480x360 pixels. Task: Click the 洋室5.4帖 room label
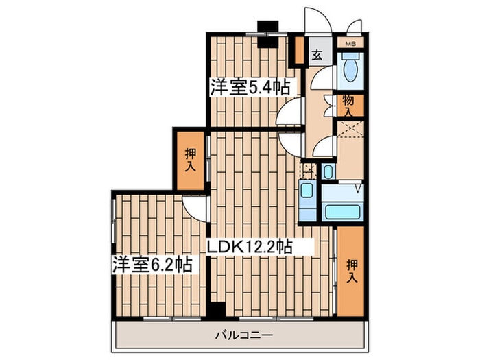click(250, 87)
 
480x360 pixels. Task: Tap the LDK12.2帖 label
click(250, 246)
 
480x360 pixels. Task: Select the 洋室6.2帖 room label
click(152, 265)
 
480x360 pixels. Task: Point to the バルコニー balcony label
click(243, 335)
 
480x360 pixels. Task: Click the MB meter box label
click(351, 44)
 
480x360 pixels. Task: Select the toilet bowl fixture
click(350, 67)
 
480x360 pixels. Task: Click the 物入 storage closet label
click(348, 105)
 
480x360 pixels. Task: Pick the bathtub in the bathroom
click(343, 212)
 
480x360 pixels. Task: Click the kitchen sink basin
click(307, 190)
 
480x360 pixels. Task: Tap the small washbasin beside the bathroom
click(328, 171)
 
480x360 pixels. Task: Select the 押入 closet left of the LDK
click(190, 160)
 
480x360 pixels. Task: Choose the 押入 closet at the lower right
click(352, 272)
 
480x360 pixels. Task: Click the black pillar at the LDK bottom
click(216, 309)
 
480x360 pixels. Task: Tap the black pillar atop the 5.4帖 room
click(268, 34)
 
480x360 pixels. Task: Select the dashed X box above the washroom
click(350, 130)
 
